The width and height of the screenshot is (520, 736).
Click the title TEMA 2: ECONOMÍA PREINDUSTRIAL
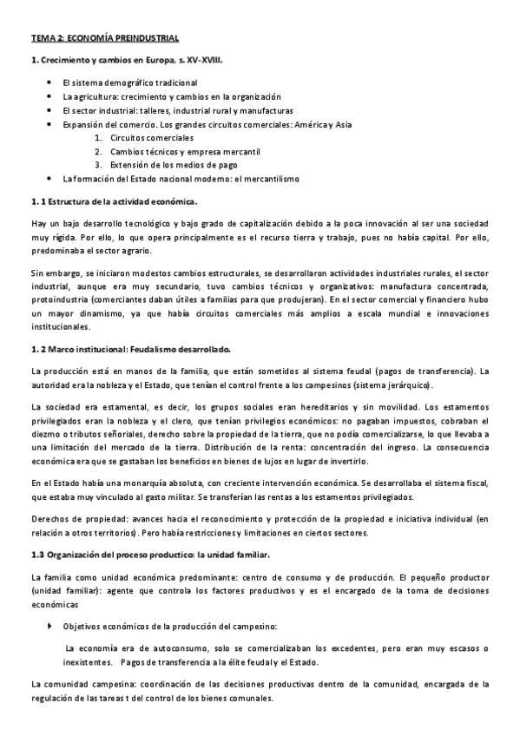[x=105, y=39]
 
